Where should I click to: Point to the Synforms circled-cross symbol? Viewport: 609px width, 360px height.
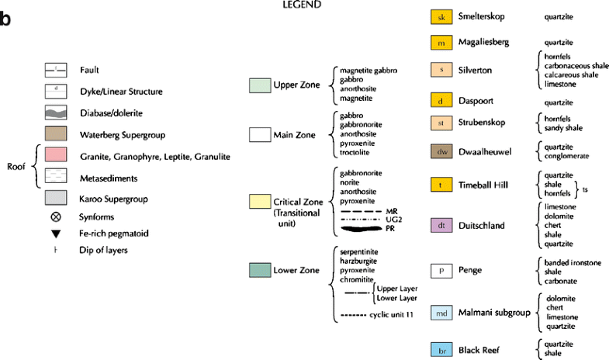click(56, 216)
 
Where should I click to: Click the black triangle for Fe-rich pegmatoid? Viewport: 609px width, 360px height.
click(56, 234)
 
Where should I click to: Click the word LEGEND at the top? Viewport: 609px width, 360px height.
click(304, 5)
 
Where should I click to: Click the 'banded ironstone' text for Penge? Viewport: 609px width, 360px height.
click(573, 262)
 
